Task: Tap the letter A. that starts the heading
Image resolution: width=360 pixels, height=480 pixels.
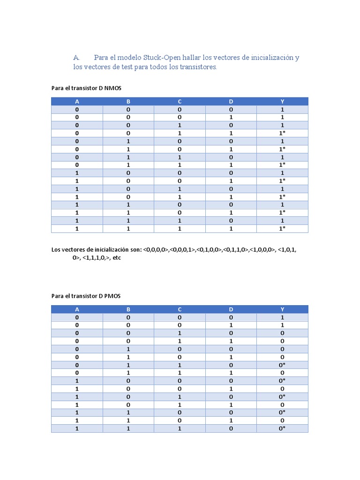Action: (77, 58)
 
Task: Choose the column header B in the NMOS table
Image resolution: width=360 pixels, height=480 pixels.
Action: (128, 101)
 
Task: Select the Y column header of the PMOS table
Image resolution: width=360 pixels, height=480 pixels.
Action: (282, 309)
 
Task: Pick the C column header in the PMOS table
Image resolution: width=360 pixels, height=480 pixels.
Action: (180, 309)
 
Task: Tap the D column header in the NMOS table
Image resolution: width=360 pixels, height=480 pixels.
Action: (231, 101)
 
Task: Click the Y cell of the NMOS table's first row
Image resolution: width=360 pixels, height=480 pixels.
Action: (282, 110)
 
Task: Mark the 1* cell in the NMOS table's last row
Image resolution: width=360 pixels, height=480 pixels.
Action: (282, 229)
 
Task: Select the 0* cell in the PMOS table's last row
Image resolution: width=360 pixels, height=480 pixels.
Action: (282, 428)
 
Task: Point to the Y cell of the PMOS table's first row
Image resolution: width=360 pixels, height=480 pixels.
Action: (282, 317)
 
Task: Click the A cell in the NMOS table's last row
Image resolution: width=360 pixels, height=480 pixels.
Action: (77, 229)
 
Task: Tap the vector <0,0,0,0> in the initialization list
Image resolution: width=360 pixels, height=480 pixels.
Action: (156, 250)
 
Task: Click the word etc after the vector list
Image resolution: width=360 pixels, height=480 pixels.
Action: (117, 258)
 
